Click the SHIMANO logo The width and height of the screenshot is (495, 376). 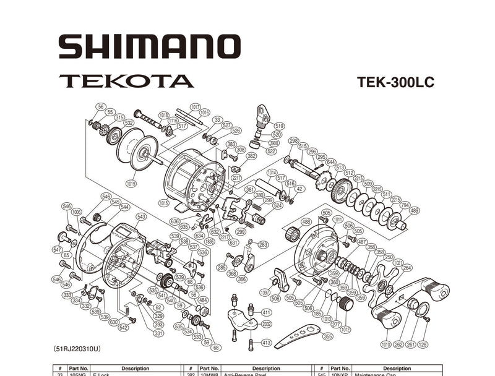(x=148, y=46)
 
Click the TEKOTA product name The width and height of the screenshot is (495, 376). (x=126, y=81)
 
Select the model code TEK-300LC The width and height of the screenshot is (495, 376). (x=395, y=82)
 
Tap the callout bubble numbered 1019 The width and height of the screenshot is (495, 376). (x=131, y=183)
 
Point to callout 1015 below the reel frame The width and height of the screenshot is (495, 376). (x=163, y=203)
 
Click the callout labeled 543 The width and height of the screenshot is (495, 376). (x=141, y=217)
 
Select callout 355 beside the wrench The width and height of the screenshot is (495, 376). (x=327, y=336)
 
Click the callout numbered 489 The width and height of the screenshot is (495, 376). (x=414, y=211)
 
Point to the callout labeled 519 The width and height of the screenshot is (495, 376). (x=278, y=126)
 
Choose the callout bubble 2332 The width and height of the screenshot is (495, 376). (x=267, y=324)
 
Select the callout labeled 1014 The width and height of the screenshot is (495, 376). (x=272, y=173)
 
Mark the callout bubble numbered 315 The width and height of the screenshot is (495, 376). (x=119, y=117)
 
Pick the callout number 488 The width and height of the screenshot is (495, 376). (x=306, y=221)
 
